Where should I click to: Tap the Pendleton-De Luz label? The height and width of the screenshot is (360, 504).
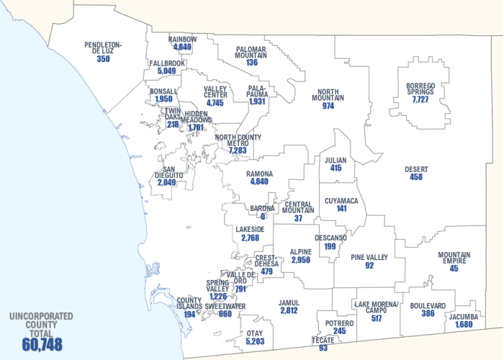pos(103,48)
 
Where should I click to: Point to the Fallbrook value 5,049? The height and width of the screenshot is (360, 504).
pos(166,71)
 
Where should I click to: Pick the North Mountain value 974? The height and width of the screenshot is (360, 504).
pos(328,106)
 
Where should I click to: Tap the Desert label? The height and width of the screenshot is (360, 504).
pos(416,169)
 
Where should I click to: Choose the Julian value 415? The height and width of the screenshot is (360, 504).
pos(336,168)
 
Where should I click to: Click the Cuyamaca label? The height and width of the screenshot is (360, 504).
pos(341,200)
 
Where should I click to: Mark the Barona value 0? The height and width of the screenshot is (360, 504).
pos(263,216)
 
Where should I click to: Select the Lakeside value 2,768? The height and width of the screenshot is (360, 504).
pos(250,238)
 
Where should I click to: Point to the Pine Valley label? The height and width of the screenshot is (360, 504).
pos(369,257)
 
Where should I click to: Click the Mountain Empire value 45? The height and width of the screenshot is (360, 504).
pos(454,269)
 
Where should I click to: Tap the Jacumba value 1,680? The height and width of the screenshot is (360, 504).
pos(467,325)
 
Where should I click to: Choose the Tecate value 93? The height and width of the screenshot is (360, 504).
pos(323,348)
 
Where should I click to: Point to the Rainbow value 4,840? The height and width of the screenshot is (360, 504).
pos(182,47)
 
